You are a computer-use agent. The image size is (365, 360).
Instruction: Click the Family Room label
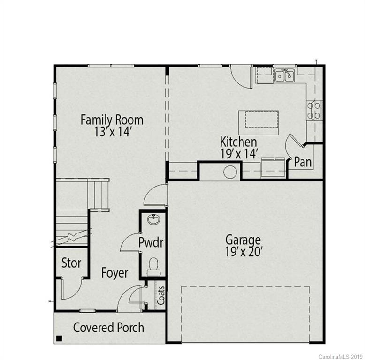click(112, 120)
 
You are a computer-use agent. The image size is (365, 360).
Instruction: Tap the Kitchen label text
click(238, 142)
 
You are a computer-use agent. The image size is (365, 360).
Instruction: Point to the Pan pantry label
click(303, 163)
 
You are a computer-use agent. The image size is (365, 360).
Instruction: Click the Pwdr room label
click(151, 243)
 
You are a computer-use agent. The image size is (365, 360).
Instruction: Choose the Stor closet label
click(71, 263)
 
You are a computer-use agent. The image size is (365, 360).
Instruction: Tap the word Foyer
click(114, 273)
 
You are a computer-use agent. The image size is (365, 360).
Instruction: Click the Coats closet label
click(161, 295)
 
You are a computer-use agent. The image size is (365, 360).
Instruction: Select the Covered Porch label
click(108, 327)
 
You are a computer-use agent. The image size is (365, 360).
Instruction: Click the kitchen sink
click(284, 75)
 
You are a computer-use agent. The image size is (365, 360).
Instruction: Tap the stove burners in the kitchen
click(314, 110)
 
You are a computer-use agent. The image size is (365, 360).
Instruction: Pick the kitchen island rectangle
click(259, 119)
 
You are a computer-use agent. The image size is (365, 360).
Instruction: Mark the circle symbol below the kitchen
click(229, 172)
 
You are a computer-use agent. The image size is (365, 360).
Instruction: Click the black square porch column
click(60, 338)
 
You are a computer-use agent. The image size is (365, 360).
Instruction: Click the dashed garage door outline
click(245, 287)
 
